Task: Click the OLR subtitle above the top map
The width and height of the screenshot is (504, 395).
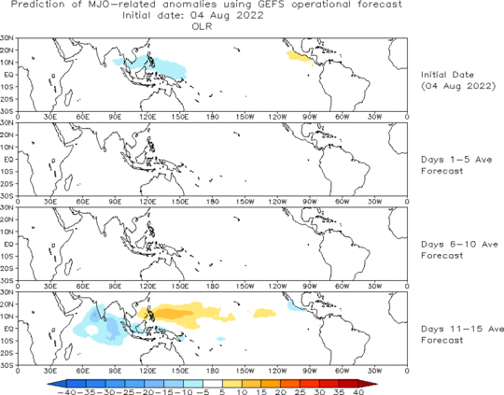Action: [203, 26]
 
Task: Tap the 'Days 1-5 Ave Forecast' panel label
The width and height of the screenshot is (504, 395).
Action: [456, 165]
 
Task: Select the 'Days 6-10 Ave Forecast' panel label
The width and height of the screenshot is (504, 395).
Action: [459, 250]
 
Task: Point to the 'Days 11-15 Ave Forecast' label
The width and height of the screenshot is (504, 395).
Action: [462, 334]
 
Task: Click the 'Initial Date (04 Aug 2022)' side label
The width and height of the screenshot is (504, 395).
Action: [458, 80]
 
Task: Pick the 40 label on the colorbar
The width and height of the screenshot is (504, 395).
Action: [358, 392]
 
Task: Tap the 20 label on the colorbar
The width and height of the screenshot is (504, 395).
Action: [281, 392]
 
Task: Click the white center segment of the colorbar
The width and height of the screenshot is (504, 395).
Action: [213, 384]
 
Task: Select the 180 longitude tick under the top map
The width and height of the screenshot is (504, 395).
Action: [213, 117]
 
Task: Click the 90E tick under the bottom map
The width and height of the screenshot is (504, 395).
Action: [115, 371]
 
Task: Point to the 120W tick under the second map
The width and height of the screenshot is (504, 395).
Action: [277, 202]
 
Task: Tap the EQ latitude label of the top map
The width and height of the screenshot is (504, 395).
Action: [8, 75]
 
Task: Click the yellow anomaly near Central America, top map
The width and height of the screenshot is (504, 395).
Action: [299, 57]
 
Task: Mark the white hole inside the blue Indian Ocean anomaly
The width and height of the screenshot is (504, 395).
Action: [91, 330]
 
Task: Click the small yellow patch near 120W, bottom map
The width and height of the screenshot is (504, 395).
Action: [264, 313]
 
